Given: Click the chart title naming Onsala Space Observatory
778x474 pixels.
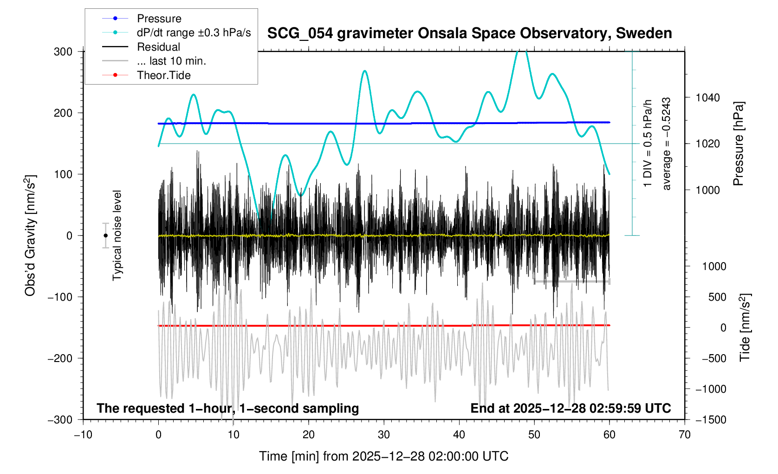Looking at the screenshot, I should tap(469, 33).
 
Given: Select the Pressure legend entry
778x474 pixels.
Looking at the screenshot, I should tap(159, 19).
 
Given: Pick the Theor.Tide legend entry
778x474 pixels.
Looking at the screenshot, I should tap(163, 75).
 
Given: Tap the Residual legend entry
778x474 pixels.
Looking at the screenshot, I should tap(158, 47).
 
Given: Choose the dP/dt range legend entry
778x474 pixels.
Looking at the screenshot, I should tap(194, 33).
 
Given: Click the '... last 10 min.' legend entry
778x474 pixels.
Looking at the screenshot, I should tap(171, 61).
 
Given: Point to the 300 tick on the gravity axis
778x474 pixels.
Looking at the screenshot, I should tap(63, 52).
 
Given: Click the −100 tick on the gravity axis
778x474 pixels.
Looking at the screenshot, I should tap(60, 297).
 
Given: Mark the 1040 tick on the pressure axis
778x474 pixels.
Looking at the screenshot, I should tap(707, 98).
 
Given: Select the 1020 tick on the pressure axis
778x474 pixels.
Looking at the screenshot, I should tap(707, 144).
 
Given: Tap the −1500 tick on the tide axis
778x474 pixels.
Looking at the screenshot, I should tap(710, 420).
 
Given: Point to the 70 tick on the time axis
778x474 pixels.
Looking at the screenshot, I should tap(685, 434).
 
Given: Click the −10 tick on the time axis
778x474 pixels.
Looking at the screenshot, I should tap(83, 434).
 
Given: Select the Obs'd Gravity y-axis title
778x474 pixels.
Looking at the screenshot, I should tap(31, 236).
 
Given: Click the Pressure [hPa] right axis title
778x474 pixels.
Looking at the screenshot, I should tap(738, 144).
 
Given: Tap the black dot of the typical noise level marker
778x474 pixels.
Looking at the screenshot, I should tap(106, 236).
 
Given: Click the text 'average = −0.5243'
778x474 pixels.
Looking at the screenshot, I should tap(667, 144).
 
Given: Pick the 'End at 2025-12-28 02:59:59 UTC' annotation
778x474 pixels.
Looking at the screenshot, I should tap(571, 408).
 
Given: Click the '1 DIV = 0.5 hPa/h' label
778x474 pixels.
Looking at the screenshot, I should tap(648, 144).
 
